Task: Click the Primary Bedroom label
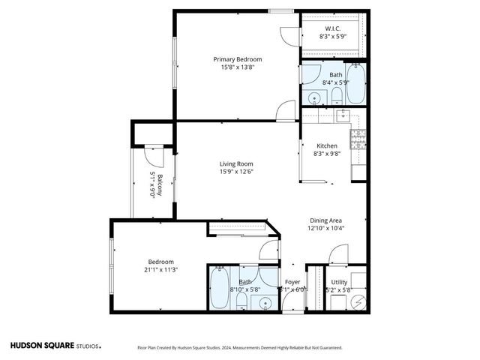click(237, 59)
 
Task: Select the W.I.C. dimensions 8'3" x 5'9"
click(334, 36)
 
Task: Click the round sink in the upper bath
click(313, 97)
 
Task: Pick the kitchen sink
click(343, 115)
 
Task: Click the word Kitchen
click(326, 145)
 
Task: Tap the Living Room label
click(235, 163)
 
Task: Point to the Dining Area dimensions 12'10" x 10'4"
click(326, 229)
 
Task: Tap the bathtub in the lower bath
click(219, 289)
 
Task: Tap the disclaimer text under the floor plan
click(239, 348)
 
